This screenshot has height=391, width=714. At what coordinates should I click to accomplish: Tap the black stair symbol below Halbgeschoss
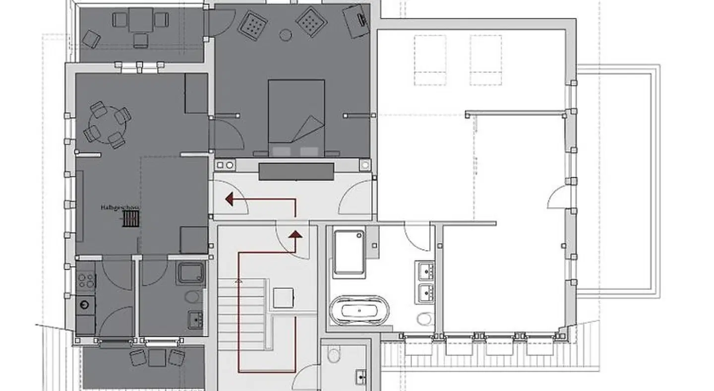pyautogui.click(x=130, y=219)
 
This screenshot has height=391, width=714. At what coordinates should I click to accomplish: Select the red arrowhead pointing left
pyautogui.click(x=230, y=199)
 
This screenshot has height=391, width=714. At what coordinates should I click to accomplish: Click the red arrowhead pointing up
pyautogui.click(x=296, y=235)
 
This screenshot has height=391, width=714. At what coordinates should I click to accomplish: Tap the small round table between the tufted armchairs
pyautogui.click(x=285, y=34)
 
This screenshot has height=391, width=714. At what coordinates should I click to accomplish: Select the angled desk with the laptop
pyautogui.click(x=357, y=21)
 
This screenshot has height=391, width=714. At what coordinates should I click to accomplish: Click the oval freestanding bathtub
pyautogui.click(x=359, y=310)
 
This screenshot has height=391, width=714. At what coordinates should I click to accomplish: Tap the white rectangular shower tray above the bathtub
pyautogui.click(x=349, y=252)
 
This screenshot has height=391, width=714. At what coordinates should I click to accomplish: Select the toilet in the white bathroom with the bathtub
pyautogui.click(x=424, y=318)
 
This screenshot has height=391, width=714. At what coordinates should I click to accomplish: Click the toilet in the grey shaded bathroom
pyautogui.click(x=193, y=297)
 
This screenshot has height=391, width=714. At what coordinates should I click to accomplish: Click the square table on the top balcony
pyautogui.click(x=140, y=20)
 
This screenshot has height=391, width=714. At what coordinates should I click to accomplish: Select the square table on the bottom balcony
pyautogui.click(x=157, y=357)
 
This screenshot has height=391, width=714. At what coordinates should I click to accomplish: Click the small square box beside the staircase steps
pyautogui.click(x=283, y=298)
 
